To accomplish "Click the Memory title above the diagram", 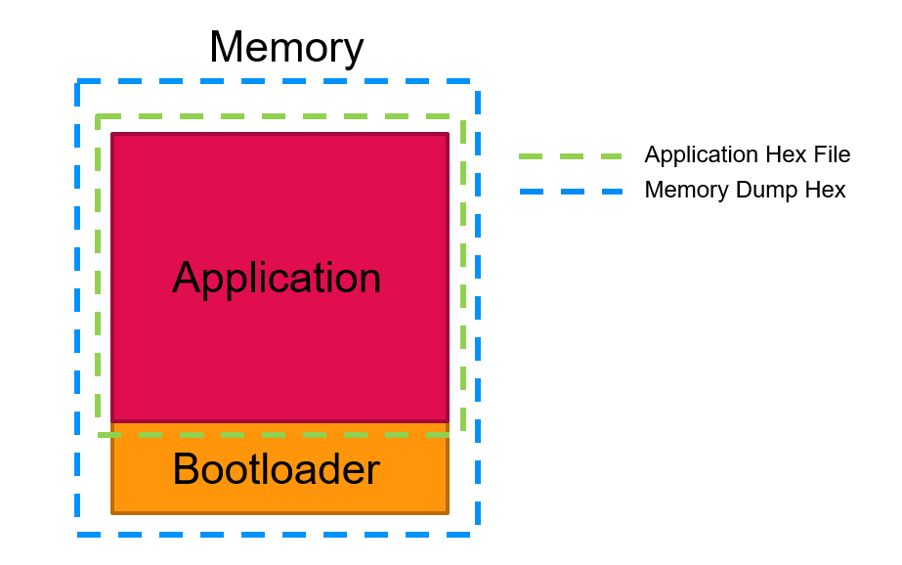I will (x=285, y=47).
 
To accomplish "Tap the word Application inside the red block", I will (x=277, y=279).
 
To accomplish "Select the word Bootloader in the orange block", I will (x=276, y=470).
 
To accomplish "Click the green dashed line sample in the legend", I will (x=571, y=155).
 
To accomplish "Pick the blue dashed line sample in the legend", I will (x=571, y=191).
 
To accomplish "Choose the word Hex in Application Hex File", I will (x=786, y=154).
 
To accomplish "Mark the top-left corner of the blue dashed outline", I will (x=78, y=81).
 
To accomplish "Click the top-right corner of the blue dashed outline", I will (x=477, y=81).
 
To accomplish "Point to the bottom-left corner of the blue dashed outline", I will (x=78, y=534).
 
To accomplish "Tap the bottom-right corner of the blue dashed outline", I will (x=477, y=534).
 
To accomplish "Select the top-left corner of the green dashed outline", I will (x=98, y=117).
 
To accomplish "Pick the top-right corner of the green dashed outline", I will (x=463, y=117).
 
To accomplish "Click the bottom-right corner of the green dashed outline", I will (x=463, y=434).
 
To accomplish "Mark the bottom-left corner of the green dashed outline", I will (x=98, y=434).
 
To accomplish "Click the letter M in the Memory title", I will (x=228, y=47).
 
